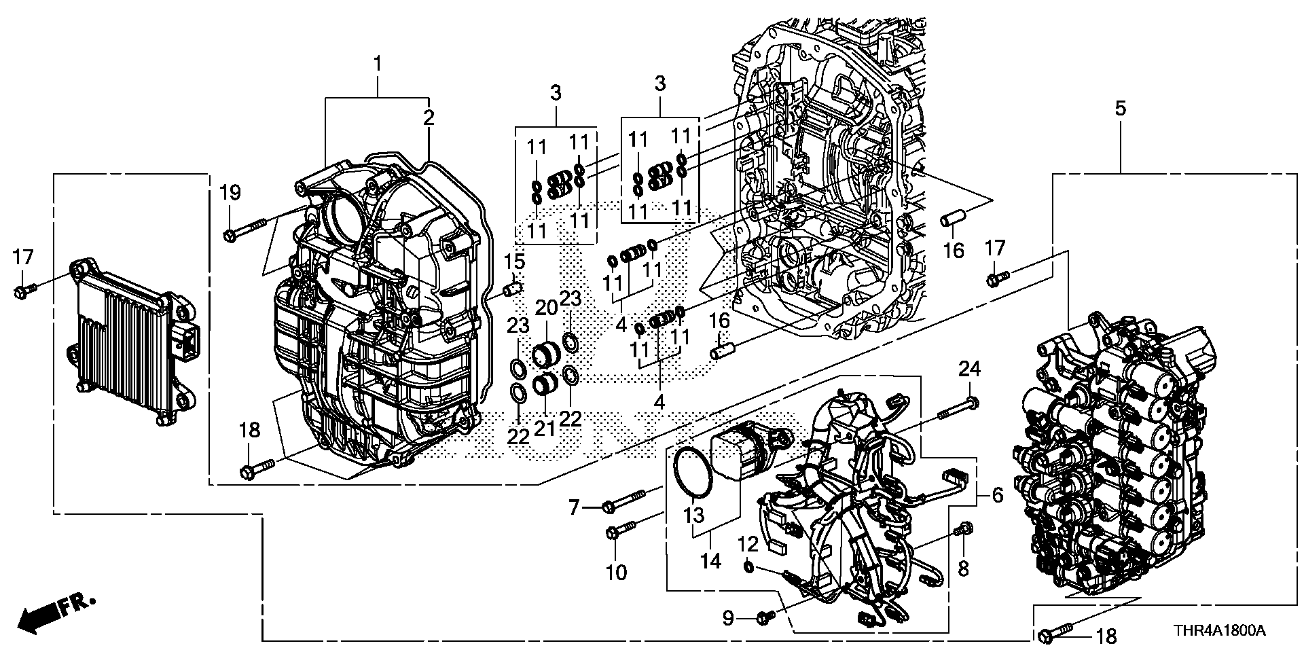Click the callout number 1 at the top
pos(378,65)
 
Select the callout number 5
pos(1120,108)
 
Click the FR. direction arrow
pos(58,614)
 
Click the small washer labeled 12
pos(747,566)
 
